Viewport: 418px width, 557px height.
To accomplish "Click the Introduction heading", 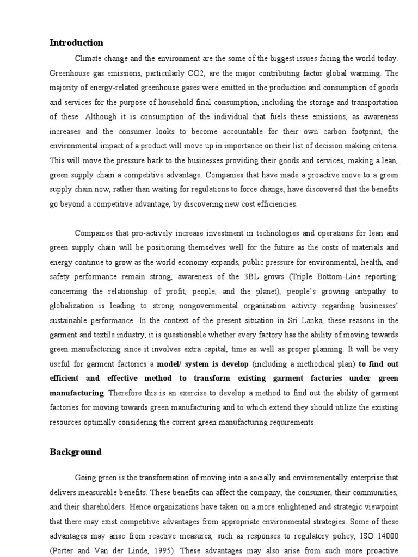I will [76, 42].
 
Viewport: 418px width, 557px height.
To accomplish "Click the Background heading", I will [76, 451].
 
